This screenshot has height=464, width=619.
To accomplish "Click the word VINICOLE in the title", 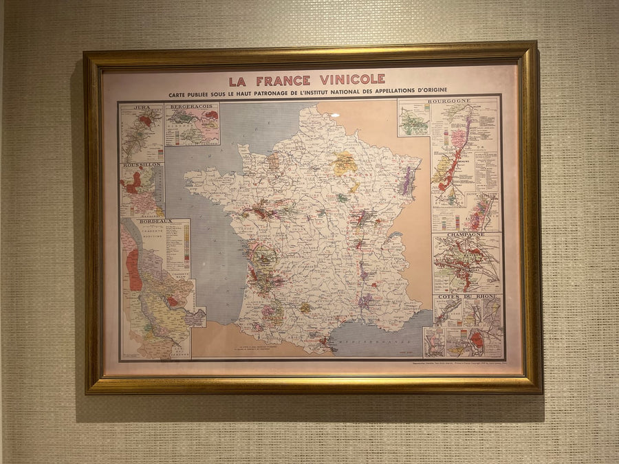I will click(x=350, y=80).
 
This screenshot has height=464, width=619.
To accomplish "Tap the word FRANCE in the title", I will click(x=283, y=80).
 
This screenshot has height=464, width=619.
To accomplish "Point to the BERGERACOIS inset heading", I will click(x=192, y=107).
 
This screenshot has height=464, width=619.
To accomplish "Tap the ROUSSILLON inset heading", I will click(x=142, y=166).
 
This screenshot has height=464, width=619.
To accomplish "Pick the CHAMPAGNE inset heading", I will click(x=466, y=234).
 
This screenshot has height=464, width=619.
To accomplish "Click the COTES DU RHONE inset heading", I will click(x=467, y=296).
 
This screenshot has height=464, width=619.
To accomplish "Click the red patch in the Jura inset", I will click(x=144, y=120).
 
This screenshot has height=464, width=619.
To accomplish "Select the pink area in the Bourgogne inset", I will click(x=458, y=137).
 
